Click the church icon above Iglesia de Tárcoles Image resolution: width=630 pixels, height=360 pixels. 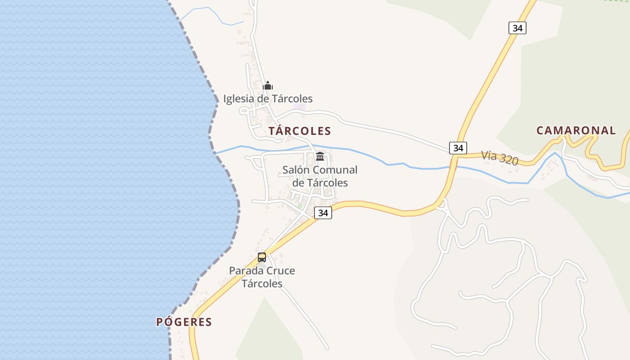(268, 85)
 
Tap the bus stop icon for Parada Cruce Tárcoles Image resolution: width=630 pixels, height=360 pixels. (262, 257)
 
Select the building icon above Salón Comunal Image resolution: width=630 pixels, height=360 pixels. (320, 157)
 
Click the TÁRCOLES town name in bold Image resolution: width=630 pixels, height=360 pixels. (300, 131)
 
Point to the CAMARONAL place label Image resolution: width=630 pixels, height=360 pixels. (576, 130)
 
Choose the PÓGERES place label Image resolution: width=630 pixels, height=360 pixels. (184, 322)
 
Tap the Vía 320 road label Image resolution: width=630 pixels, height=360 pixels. (499, 157)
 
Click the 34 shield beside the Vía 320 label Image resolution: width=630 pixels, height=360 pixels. (458, 148)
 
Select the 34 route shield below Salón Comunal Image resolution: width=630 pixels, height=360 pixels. (323, 213)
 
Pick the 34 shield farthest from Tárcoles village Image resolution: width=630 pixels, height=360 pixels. (517, 28)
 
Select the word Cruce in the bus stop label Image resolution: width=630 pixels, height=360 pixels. (280, 271)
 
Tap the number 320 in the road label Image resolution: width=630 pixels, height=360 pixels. (508, 159)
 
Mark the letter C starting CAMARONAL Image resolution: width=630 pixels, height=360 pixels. (540, 130)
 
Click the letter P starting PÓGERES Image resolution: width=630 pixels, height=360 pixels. (159, 322)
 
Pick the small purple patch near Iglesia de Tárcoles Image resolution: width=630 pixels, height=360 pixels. (299, 106)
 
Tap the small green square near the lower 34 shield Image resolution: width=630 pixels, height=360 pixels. (300, 206)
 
